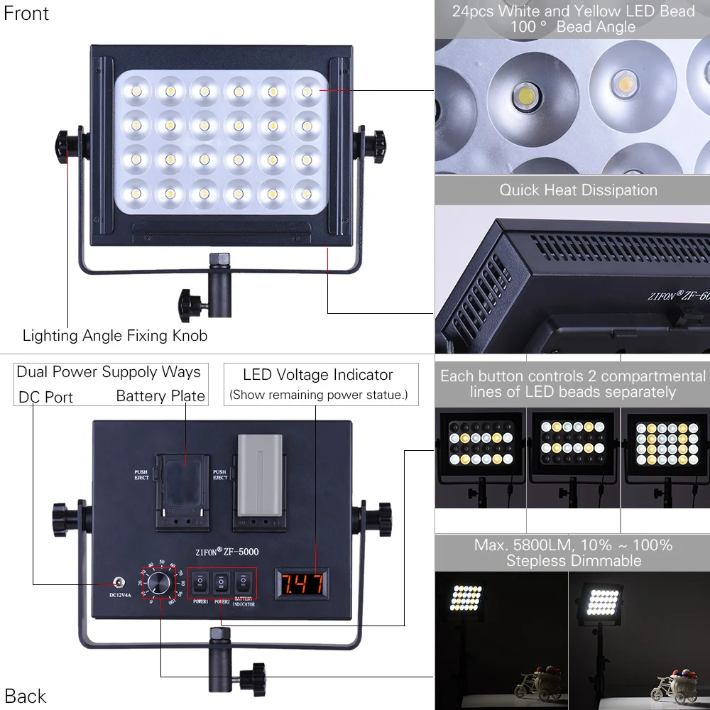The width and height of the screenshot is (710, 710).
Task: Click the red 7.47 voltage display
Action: click(304, 584)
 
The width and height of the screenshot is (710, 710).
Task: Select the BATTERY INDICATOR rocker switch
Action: click(244, 583)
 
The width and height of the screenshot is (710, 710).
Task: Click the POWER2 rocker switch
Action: click(222, 583)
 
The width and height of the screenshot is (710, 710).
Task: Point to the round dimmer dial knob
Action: click(160, 582)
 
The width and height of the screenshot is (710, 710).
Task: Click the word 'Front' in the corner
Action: click(26, 13)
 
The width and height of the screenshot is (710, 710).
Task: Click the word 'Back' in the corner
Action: click(25, 696)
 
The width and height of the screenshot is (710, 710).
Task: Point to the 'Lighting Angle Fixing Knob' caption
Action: click(115, 335)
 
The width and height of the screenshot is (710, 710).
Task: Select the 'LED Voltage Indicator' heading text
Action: click(317, 375)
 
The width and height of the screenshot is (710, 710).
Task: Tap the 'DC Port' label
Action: click(45, 397)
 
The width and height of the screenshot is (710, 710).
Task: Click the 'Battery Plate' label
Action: click(160, 396)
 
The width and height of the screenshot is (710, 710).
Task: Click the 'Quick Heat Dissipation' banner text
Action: click(578, 190)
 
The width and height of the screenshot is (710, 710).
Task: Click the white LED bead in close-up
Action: click(527, 94)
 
